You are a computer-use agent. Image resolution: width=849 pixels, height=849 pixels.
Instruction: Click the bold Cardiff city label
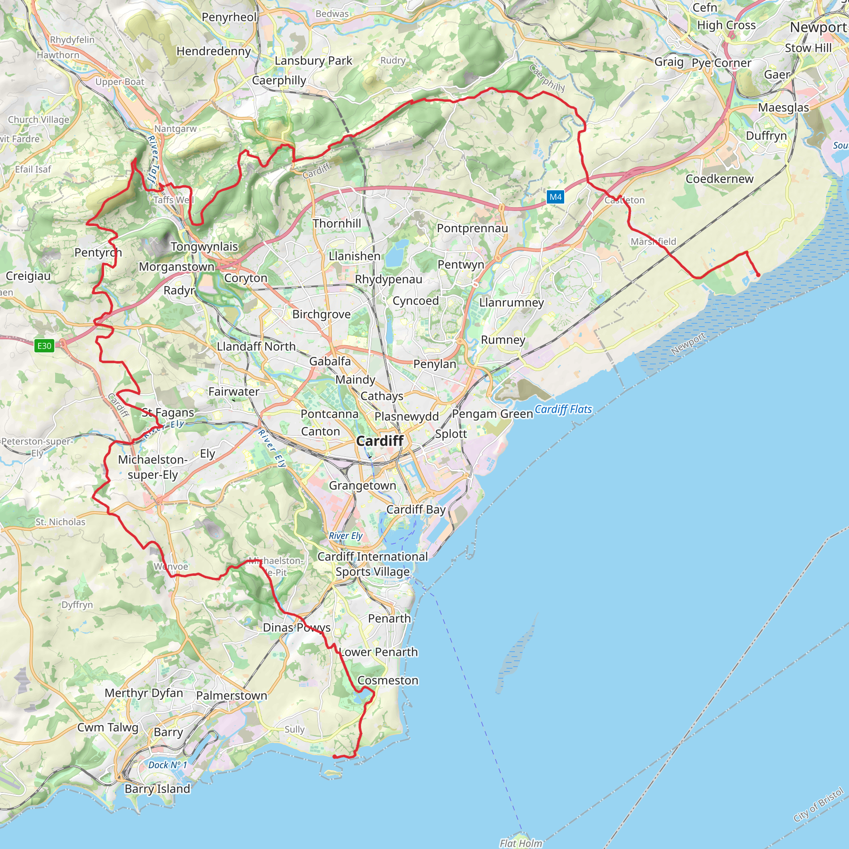(x=380, y=441)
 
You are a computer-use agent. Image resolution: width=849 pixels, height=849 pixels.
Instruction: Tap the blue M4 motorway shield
(x=555, y=197)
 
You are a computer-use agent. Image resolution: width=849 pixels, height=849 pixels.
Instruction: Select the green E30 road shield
(x=44, y=346)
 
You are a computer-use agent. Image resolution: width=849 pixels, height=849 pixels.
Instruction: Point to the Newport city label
(x=818, y=27)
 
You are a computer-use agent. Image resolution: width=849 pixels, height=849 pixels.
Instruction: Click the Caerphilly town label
(x=279, y=80)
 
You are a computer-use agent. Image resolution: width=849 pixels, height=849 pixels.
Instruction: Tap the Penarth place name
(x=389, y=618)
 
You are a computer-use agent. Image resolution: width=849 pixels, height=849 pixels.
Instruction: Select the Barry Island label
(x=157, y=789)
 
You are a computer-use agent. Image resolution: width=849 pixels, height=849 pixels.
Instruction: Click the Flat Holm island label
(x=521, y=843)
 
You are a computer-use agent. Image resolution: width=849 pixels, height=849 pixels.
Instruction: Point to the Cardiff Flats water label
(x=563, y=409)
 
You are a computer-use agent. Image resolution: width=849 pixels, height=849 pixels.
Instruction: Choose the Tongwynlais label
(x=204, y=247)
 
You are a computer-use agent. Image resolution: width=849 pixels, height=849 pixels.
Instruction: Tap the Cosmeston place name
(x=388, y=680)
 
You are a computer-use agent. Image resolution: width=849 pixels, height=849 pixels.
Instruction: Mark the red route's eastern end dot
(x=758, y=275)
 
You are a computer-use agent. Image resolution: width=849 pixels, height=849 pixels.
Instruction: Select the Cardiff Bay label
(x=416, y=509)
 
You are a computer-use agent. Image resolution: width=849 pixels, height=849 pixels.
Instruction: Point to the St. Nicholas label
(x=61, y=522)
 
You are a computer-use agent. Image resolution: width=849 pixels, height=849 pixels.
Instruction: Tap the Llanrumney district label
(x=512, y=302)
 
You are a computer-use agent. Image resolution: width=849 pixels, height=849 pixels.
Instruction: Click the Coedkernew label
(x=719, y=179)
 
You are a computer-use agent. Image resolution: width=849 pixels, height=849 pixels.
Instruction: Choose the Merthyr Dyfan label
(x=144, y=693)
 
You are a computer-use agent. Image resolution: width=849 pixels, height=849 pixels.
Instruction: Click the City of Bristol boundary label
(x=818, y=805)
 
